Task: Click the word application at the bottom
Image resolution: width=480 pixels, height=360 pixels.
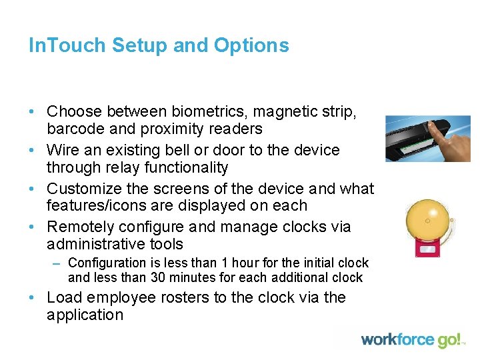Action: point(85,315)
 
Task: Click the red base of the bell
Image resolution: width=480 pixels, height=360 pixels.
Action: point(427,249)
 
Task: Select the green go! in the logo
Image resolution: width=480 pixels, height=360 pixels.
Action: point(449,340)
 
